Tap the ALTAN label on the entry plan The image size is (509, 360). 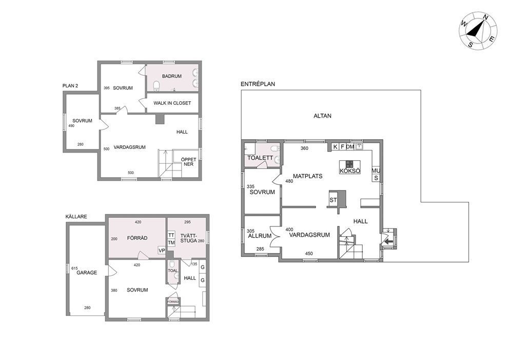coord(322,116)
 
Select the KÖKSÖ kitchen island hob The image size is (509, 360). coord(350,163)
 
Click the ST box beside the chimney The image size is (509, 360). coord(334,200)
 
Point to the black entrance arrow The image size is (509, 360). coord(388,241)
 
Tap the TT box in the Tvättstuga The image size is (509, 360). coord(171,235)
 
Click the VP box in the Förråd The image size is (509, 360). coord(161,251)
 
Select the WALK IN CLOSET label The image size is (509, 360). coord(172,103)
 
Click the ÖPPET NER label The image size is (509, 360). coord(189,162)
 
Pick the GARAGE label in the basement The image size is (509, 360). coord(87,273)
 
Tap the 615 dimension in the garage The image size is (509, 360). coord(74,269)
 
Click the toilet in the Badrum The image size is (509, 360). coord(156,86)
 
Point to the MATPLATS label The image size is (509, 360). coord(307,176)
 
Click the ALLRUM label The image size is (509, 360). coord(260,236)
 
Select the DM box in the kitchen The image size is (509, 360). coord(350,147)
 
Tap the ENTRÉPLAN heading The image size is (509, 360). coord(258,84)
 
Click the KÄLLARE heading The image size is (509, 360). coord(76,216)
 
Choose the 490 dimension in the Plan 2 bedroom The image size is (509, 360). coord(71,126)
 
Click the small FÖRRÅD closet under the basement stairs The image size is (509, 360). coord(173,302)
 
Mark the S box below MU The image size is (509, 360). coord(376,178)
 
